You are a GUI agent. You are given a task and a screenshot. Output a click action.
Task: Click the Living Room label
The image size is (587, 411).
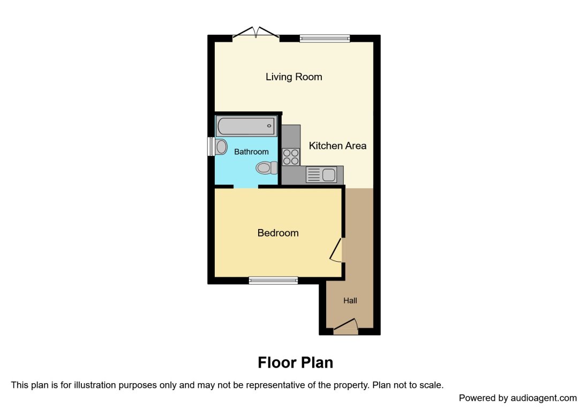tap(294, 77)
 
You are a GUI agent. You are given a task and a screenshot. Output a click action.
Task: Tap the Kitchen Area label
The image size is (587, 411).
tap(337, 146)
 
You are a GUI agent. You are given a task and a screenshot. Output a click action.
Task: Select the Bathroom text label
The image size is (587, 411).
tap(251, 152)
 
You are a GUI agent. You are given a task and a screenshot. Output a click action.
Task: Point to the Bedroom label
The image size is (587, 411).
tap(278, 233)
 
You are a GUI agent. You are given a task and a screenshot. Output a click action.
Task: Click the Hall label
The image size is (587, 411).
tap(350, 301)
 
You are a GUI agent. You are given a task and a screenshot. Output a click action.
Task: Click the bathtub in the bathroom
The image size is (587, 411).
tap(246, 127)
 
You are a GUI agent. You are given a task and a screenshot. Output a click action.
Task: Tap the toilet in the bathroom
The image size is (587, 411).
tap(267, 168)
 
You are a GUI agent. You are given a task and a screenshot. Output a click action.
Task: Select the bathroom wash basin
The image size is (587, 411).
tap(221, 146)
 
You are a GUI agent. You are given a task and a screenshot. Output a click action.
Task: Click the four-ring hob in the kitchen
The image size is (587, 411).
tap(291, 156)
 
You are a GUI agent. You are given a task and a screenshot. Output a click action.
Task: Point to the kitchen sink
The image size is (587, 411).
tap(321, 175)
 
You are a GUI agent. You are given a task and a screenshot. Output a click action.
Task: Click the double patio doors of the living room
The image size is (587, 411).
tap(256, 34)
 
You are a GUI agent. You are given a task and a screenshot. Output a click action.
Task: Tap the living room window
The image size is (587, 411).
tap(325, 38)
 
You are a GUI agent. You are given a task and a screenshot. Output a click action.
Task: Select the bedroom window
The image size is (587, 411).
tap(273, 280)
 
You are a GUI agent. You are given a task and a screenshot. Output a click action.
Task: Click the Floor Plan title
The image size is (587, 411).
tap(295, 363)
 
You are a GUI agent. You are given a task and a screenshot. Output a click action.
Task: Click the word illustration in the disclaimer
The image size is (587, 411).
tap(85, 385)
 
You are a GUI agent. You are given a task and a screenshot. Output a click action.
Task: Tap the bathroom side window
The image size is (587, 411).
tap(211, 147)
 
